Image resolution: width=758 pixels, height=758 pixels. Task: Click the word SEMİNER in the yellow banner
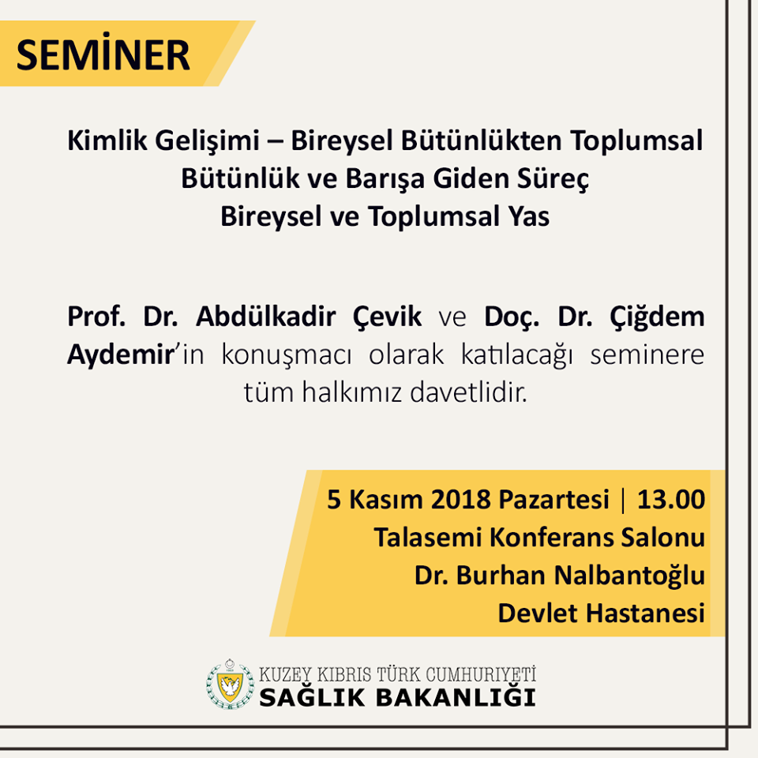(103, 54)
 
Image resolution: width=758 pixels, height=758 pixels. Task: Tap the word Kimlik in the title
(107, 141)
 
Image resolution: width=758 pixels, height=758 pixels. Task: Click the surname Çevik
(387, 318)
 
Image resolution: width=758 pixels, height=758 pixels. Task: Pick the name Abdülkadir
(265, 317)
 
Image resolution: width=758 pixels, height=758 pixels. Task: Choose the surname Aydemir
(121, 356)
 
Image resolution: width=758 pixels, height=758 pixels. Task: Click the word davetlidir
(468, 392)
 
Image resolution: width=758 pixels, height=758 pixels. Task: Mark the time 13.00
(671, 499)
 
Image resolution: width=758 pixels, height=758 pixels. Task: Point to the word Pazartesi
(553, 499)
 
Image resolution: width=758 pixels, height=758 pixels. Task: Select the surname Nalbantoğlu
(629, 576)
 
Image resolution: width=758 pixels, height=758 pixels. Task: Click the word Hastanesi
(646, 614)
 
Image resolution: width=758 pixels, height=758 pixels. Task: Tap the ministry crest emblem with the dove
(230, 684)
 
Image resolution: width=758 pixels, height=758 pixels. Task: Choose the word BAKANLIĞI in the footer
(456, 697)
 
